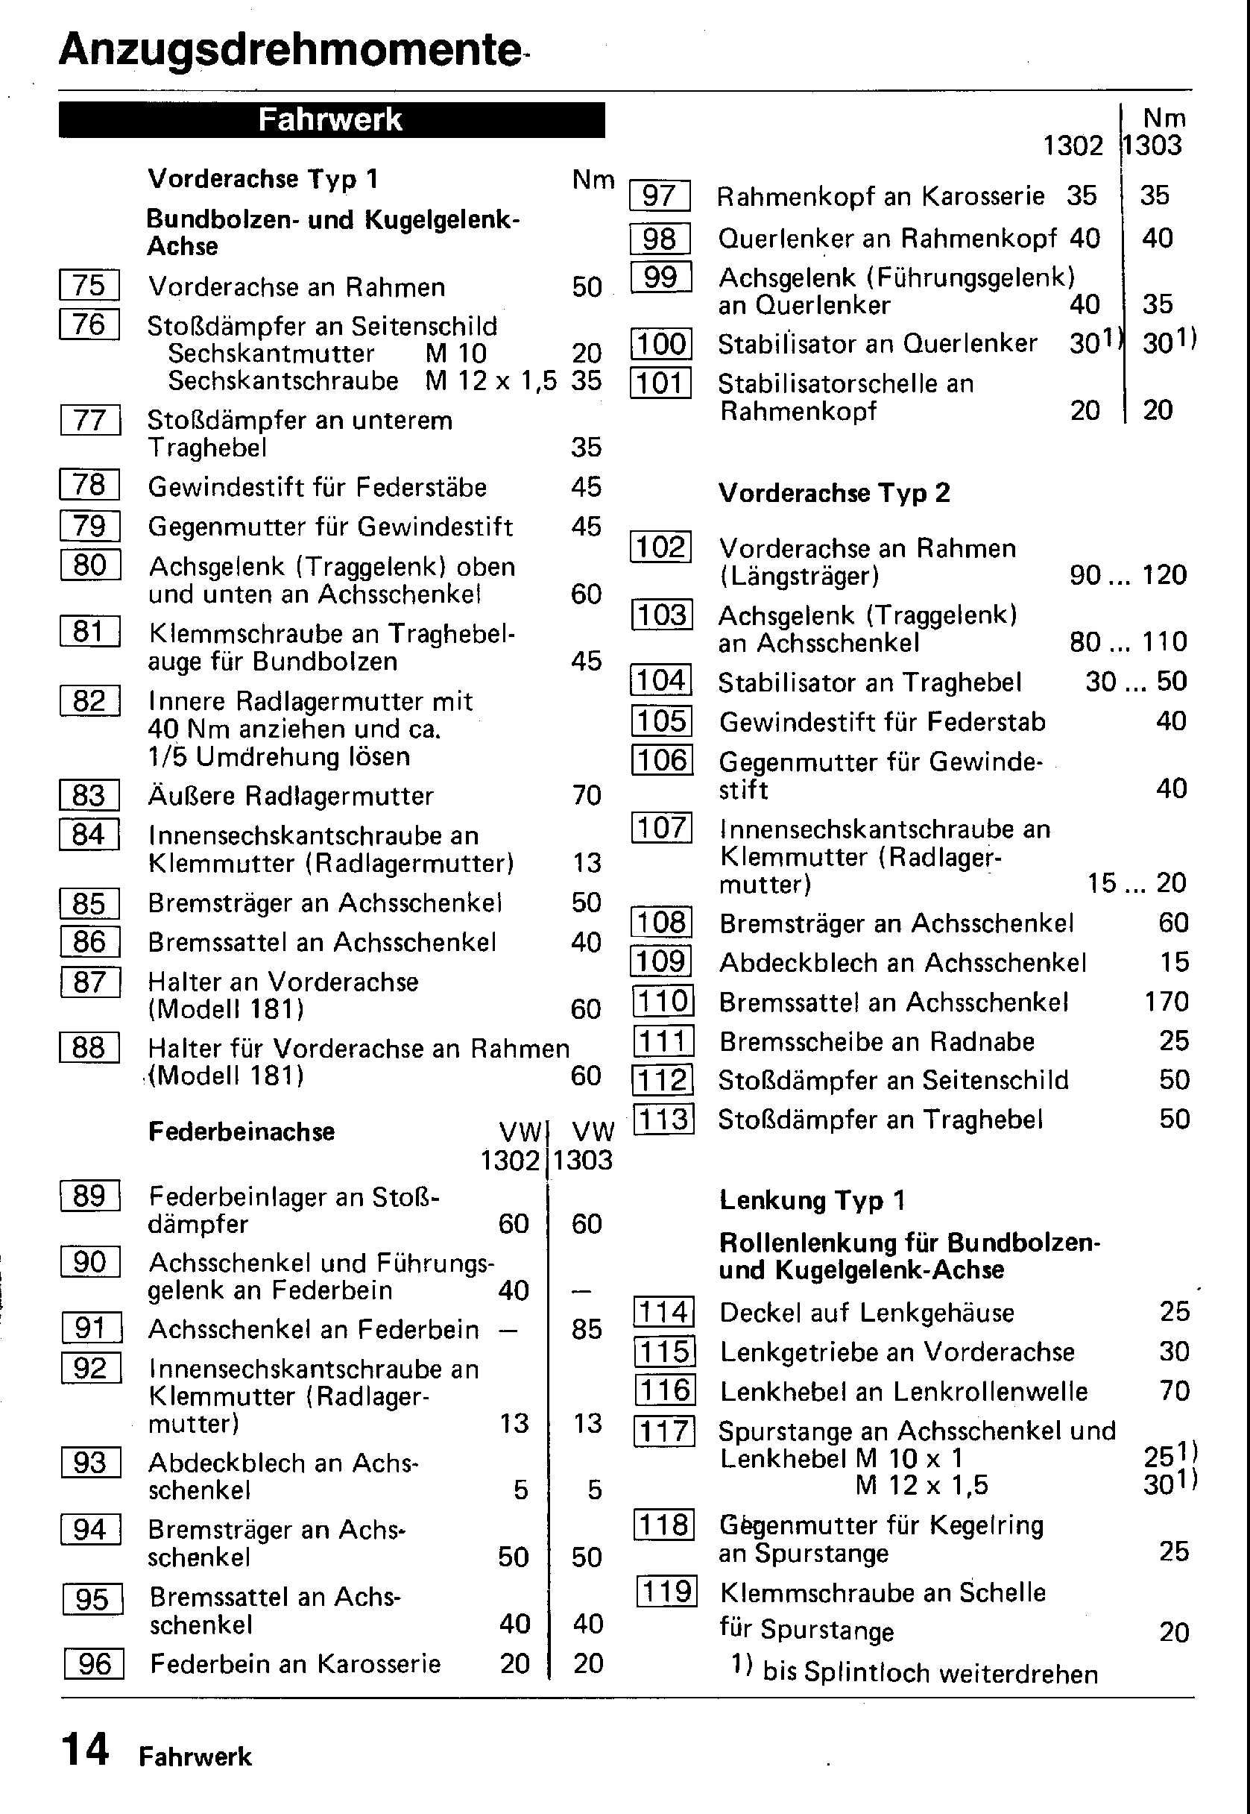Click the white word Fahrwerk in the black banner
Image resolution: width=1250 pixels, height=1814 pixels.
[329, 120]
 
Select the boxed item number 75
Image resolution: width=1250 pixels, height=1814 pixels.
[89, 285]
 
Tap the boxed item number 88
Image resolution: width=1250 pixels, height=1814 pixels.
[89, 1047]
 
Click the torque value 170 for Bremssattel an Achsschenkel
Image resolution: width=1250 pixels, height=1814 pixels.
[1167, 1002]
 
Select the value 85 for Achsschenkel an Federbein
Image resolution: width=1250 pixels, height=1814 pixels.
[587, 1329]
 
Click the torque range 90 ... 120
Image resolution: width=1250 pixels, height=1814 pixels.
[1128, 575]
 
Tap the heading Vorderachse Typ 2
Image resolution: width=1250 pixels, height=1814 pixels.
[834, 493]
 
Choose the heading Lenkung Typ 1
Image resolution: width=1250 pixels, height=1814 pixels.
[812, 1199]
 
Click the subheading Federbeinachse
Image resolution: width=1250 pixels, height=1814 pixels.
[242, 1132]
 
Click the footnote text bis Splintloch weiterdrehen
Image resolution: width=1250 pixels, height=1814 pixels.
[929, 1674]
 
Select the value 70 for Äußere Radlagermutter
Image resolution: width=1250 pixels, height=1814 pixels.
[587, 795]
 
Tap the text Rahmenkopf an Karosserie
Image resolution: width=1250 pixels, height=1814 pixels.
[880, 196]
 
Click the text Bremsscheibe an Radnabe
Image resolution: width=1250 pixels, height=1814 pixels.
[877, 1041]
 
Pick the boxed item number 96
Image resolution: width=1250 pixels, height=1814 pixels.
[95, 1663]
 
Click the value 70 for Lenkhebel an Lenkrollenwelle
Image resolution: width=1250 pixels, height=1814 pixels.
[1174, 1391]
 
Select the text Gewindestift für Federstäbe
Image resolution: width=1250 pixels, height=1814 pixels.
[318, 487]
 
